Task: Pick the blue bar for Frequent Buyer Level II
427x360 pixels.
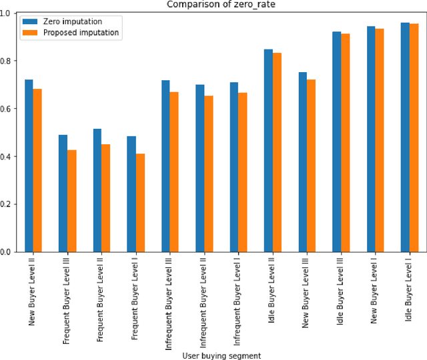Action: coord(97,190)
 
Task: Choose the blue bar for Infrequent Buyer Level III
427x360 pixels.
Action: coord(165,166)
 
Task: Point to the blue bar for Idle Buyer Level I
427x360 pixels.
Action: coord(405,137)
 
